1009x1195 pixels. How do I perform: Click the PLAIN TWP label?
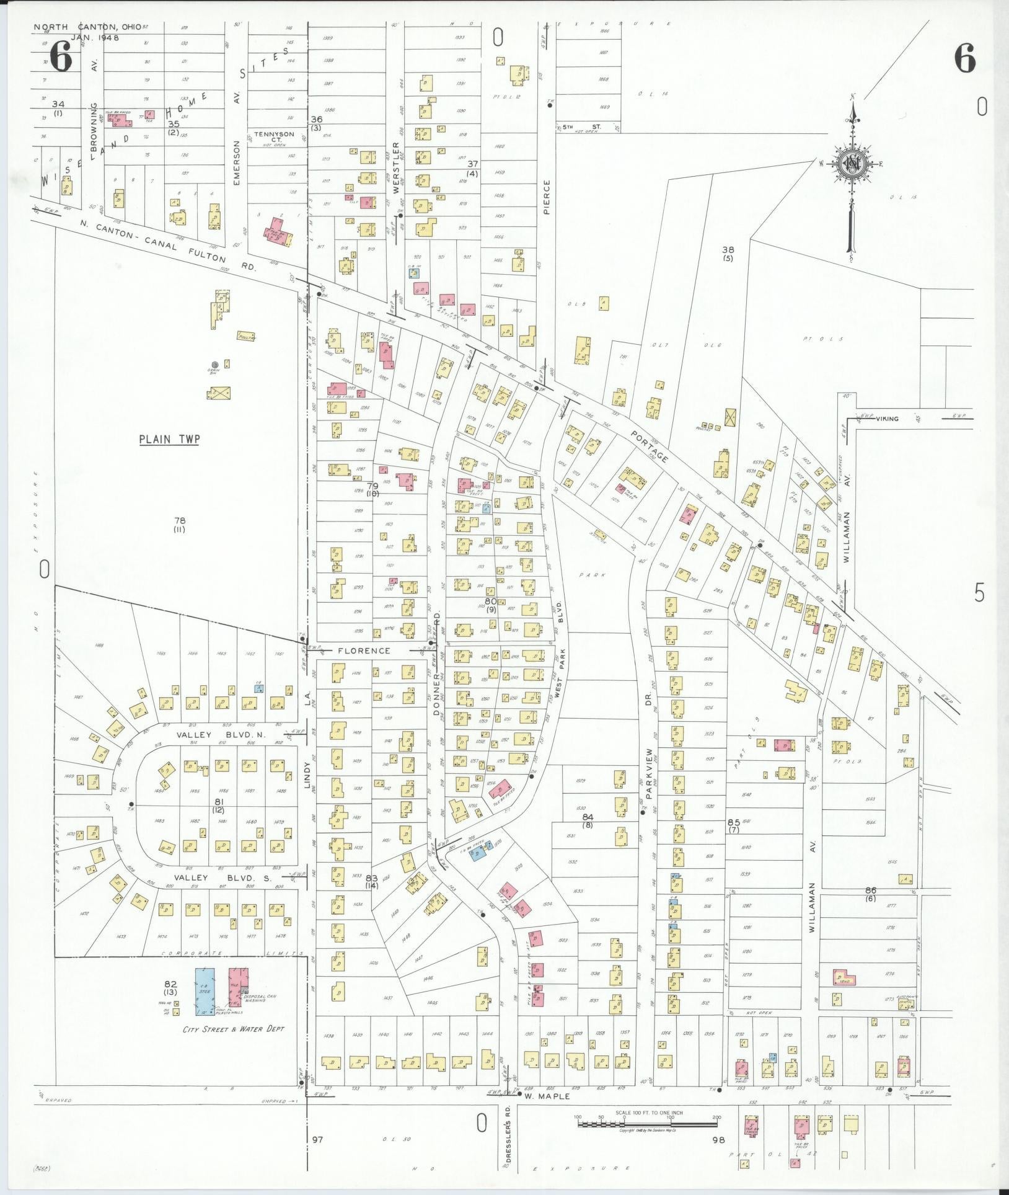click(x=169, y=439)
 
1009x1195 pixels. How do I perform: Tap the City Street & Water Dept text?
click(x=233, y=1029)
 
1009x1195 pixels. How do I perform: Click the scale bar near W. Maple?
click(x=647, y=1119)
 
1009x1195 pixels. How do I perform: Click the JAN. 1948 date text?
click(x=95, y=37)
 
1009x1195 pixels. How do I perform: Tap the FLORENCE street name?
click(x=364, y=651)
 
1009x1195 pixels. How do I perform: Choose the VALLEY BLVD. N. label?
click(x=220, y=735)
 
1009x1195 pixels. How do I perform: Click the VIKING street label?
click(x=887, y=419)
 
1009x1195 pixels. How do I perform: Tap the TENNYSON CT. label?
click(x=273, y=136)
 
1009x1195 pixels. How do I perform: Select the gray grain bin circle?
click(x=214, y=365)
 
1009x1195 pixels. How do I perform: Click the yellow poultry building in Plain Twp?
click(x=247, y=336)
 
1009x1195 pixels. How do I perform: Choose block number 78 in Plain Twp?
click(x=180, y=521)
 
